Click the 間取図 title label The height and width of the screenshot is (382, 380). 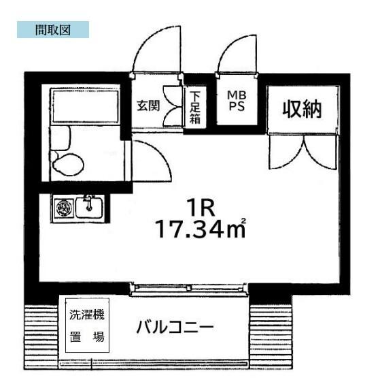52,29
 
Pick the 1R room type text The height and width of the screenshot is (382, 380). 198,205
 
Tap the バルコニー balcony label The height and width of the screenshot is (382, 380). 175,327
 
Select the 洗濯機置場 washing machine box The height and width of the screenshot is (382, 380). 87,327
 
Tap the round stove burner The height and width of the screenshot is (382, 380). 64,206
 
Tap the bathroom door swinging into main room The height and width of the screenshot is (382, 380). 150,159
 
